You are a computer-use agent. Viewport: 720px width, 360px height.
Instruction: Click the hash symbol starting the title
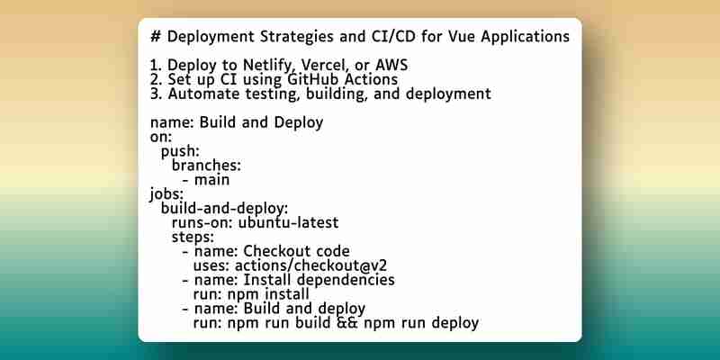point(155,36)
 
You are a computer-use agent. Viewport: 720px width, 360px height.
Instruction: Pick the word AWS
point(391,66)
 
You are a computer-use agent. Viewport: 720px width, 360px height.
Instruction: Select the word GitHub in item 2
point(314,79)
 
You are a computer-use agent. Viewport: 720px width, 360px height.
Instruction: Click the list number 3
point(155,94)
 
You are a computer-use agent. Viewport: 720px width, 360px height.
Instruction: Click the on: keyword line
point(161,137)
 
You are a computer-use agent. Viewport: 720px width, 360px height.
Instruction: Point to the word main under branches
point(211,180)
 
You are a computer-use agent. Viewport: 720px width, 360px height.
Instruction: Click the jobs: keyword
point(166,194)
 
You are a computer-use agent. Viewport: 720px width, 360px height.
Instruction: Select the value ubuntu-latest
point(288,222)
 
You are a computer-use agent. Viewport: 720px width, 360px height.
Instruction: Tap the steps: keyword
point(193,238)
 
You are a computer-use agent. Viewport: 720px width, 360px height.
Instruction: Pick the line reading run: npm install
point(251,294)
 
